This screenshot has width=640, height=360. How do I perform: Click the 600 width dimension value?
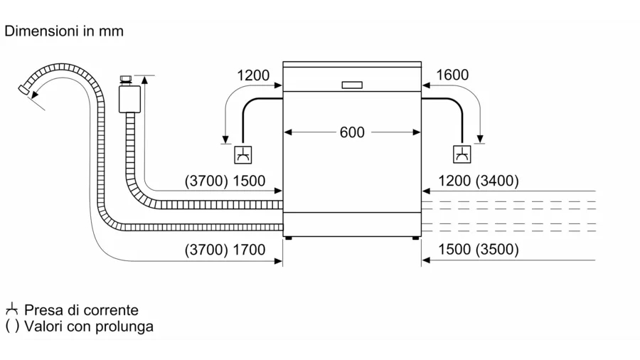click(352, 132)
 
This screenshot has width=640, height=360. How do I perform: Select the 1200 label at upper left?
click(253, 75)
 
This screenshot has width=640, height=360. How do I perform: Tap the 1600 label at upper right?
click(452, 75)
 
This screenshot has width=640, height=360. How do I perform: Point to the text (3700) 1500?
click(225, 181)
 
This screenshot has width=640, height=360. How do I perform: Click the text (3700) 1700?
click(225, 250)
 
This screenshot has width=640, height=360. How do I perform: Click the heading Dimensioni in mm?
click(64, 31)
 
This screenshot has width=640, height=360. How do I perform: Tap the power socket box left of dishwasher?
click(243, 154)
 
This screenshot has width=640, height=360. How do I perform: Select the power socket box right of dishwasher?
click(462, 154)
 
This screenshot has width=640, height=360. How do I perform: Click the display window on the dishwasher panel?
click(352, 85)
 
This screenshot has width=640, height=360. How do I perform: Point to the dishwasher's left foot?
click(288, 240)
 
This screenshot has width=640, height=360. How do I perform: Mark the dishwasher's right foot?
click(415, 240)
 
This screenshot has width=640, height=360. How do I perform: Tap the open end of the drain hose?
click(26, 90)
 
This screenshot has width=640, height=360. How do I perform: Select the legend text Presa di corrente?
click(81, 310)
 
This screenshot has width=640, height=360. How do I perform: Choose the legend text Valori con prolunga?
click(89, 327)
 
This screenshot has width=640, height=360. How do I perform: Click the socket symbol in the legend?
click(11, 309)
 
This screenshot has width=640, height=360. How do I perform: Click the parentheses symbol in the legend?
click(11, 327)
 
